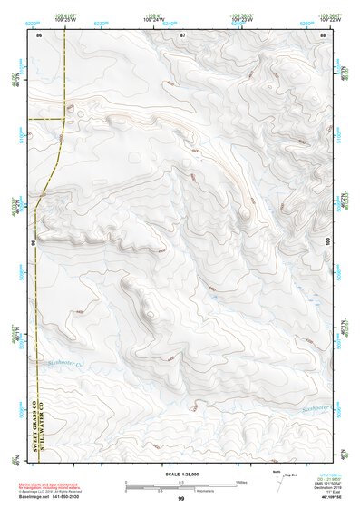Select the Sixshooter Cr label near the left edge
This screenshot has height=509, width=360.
(x=60, y=363)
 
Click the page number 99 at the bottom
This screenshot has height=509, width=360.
(x=181, y=499)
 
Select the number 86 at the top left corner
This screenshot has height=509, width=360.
(x=39, y=34)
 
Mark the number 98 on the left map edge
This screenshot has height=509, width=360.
(x=34, y=243)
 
